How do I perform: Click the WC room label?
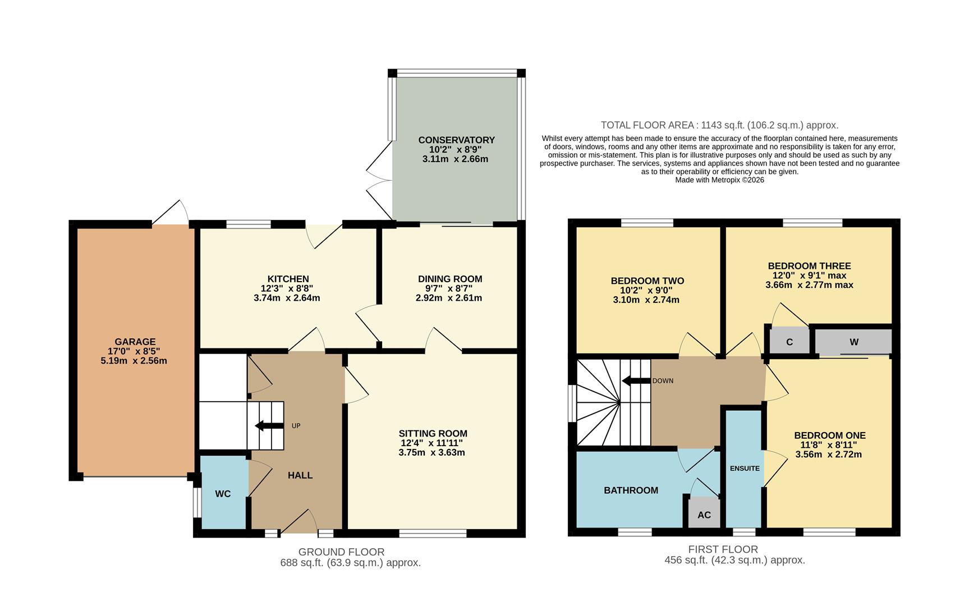(x=223, y=494)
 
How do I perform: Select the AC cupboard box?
(x=704, y=515)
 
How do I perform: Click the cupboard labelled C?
(x=789, y=342)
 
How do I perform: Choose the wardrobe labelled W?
(x=853, y=342)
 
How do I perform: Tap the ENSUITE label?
(x=745, y=468)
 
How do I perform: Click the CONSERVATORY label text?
(x=456, y=140)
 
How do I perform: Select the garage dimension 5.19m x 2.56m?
(x=134, y=361)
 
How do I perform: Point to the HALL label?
(x=300, y=475)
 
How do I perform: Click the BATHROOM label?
(x=631, y=490)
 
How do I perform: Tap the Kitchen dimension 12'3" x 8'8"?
(x=287, y=288)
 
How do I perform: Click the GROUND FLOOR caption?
(x=341, y=552)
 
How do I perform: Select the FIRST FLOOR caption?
(x=723, y=549)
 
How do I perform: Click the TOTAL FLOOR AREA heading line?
(x=719, y=125)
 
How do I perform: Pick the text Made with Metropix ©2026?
(x=719, y=180)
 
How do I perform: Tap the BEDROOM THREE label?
(x=809, y=266)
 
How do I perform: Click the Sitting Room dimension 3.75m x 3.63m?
(x=432, y=452)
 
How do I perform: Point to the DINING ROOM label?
(x=450, y=279)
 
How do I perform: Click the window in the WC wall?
(x=197, y=502)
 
